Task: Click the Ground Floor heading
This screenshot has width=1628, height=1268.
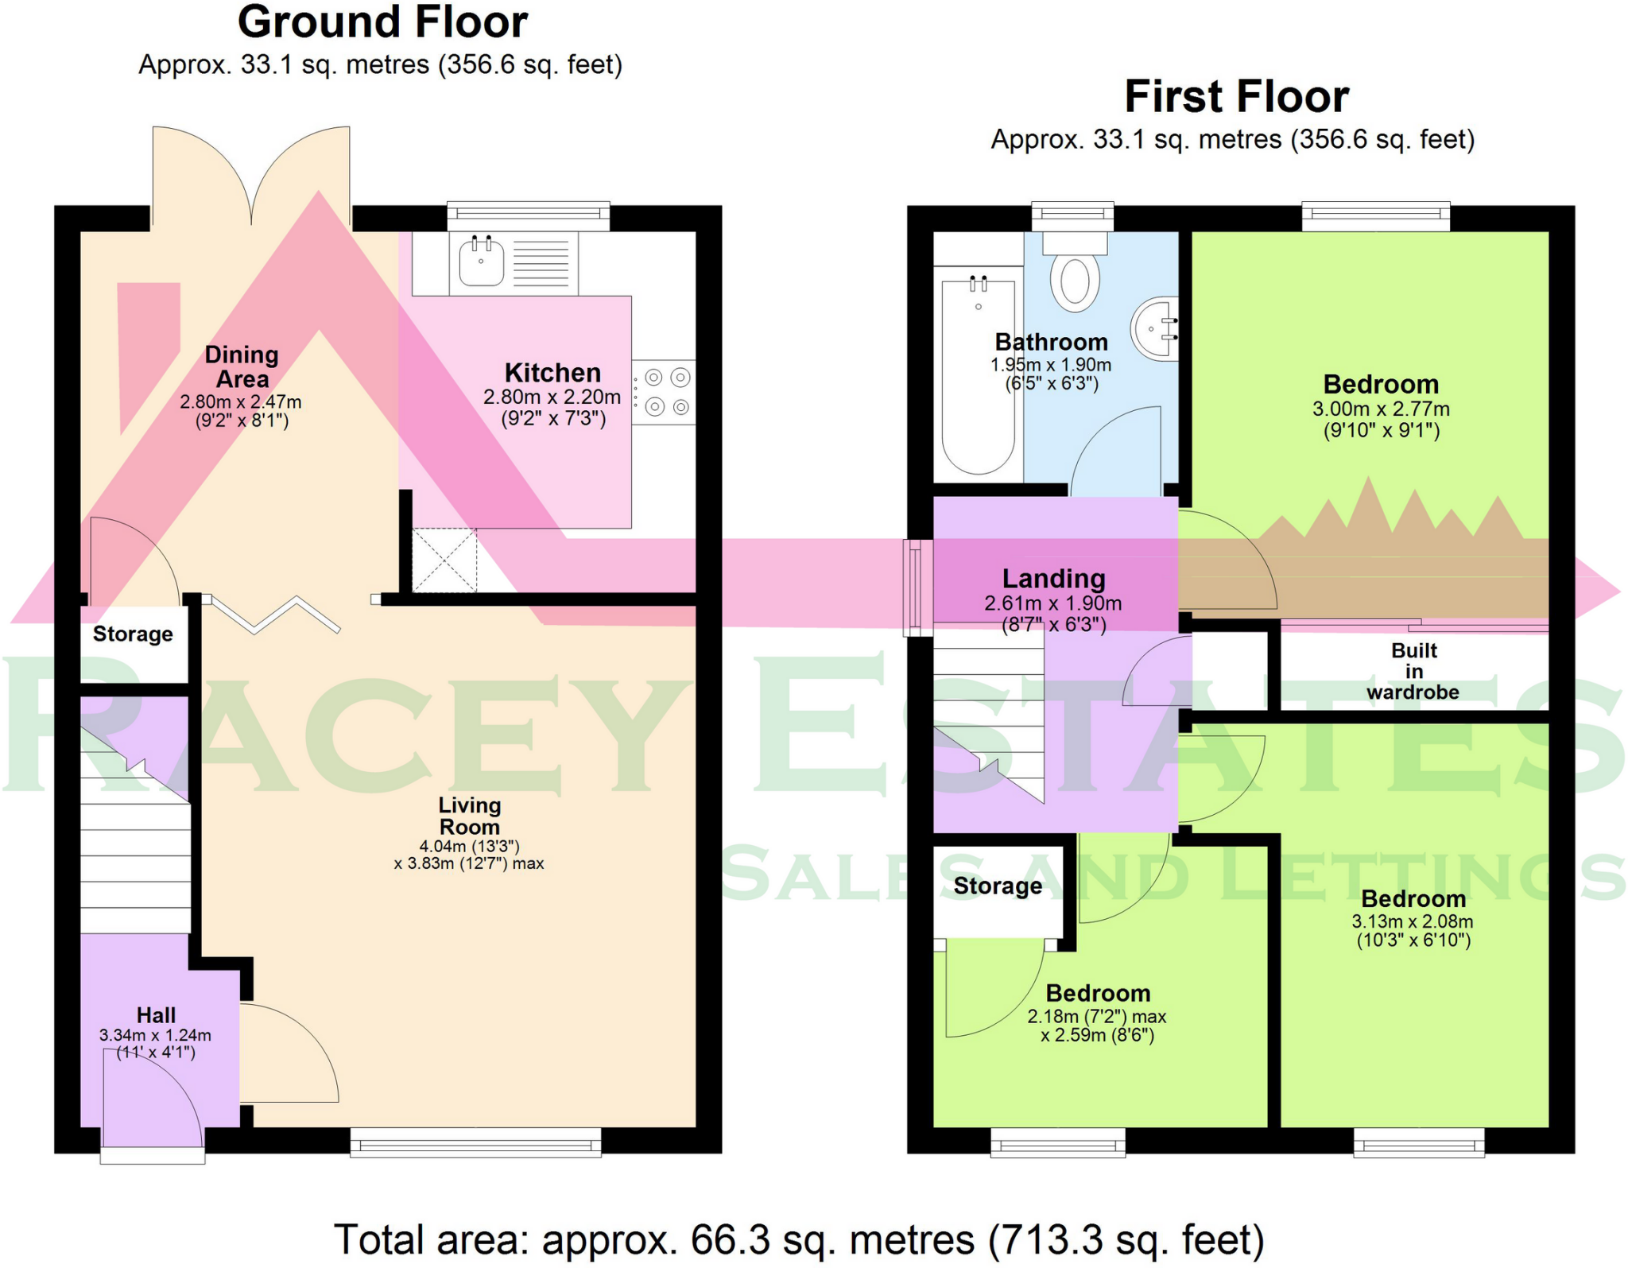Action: [x=382, y=22]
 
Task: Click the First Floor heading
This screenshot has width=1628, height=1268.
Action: [x=1236, y=97]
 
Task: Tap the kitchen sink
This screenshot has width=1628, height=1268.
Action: [x=481, y=261]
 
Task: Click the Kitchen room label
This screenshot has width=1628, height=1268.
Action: [x=552, y=373]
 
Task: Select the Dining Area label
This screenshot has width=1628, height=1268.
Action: [x=242, y=366]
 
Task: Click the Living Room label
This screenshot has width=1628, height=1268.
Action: [x=470, y=816]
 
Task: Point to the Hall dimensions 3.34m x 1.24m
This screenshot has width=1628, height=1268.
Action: [x=155, y=1035]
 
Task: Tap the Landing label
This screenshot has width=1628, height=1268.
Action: [x=1053, y=579]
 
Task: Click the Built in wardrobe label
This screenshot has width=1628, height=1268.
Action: [x=1413, y=671]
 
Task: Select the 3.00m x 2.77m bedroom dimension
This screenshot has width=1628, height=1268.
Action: [x=1381, y=409]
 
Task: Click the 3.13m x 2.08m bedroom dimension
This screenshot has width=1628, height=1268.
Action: [x=1413, y=921]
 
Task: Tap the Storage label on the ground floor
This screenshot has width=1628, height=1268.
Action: [x=133, y=634]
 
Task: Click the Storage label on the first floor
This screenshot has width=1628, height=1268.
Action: [x=998, y=886]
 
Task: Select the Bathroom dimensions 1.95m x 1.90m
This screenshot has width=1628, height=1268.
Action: [x=1051, y=365]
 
